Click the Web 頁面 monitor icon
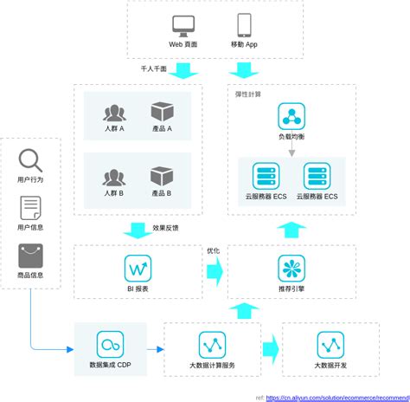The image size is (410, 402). (x=183, y=25)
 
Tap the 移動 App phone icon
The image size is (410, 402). (x=244, y=24)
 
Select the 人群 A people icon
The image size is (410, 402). (x=114, y=113)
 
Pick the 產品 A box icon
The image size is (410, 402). (x=162, y=113)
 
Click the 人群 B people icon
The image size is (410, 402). (x=114, y=177)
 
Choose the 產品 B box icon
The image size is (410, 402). (x=162, y=177)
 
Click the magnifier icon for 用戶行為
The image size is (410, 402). (x=30, y=161)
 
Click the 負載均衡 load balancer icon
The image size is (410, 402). (x=291, y=117)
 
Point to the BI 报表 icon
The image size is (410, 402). (x=138, y=268)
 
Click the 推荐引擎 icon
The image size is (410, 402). (x=291, y=268)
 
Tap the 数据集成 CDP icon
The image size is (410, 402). (x=110, y=345)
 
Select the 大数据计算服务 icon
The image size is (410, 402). (x=212, y=345)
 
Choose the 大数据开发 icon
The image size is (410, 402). (x=330, y=345)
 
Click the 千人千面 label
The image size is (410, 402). (x=153, y=68)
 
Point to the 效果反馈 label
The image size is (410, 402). (x=165, y=229)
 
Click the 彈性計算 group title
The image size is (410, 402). (x=248, y=94)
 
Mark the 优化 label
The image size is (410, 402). (x=213, y=250)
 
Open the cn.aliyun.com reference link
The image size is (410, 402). (x=336, y=397)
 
